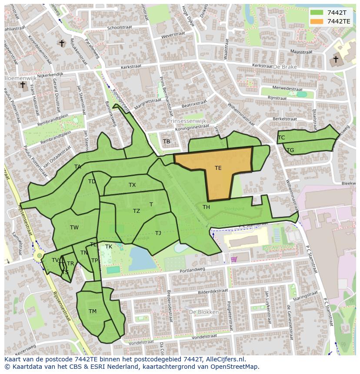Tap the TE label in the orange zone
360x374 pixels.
(x=218, y=168)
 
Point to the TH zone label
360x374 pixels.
(x=206, y=207)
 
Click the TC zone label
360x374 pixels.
(x=281, y=138)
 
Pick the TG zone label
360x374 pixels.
(x=290, y=150)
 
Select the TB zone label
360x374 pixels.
(x=167, y=142)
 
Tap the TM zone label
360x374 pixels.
(x=93, y=311)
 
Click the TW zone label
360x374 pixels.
(x=74, y=228)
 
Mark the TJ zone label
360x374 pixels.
(x=158, y=233)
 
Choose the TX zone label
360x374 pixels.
(x=132, y=185)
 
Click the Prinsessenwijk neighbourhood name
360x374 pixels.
(x=187, y=121)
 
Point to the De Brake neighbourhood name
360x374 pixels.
(x=285, y=67)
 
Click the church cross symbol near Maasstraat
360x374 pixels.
(x=336, y=59)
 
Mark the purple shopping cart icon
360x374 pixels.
(x=234, y=259)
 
